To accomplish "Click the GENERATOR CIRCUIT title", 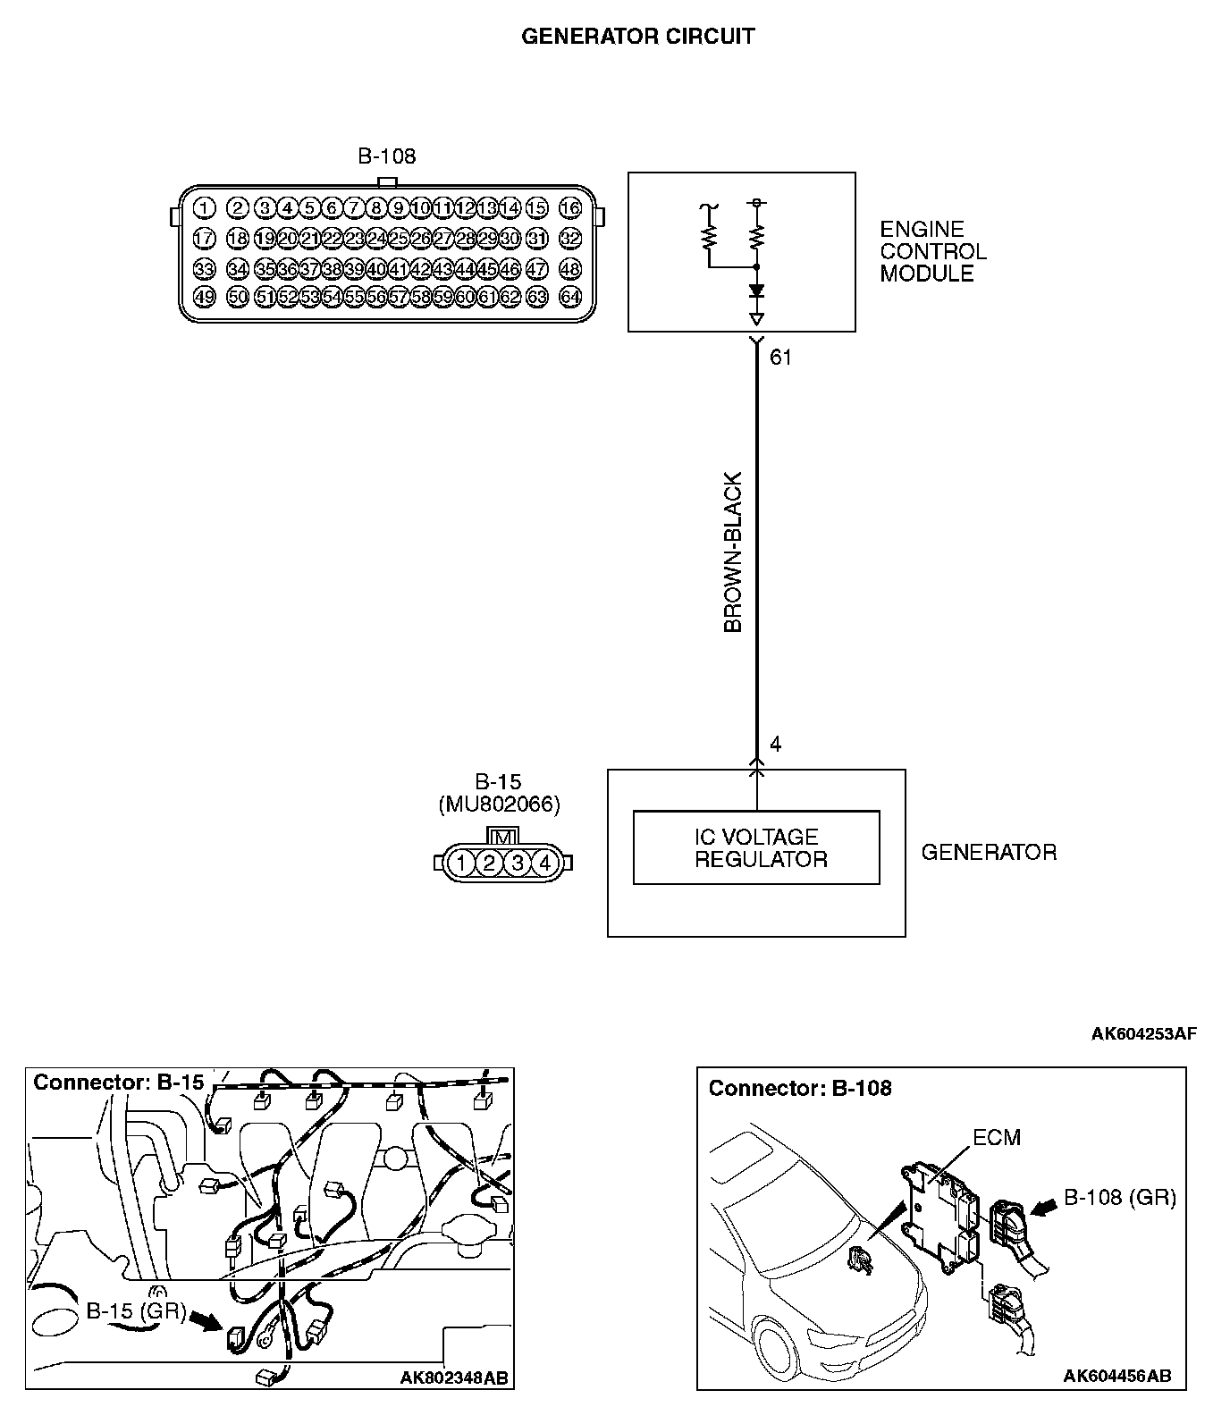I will (637, 37).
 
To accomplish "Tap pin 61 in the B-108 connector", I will (487, 297).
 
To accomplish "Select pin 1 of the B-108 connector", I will (205, 208).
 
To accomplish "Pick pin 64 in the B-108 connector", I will (570, 297).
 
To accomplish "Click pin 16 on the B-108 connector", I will (570, 208).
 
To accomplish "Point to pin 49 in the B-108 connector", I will (205, 297).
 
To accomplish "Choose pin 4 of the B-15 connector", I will (546, 863).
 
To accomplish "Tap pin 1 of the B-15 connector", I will (460, 863).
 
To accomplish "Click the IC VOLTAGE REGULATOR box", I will (756, 847).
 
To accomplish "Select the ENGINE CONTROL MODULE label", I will (932, 252).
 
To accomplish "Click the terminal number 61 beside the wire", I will (780, 358).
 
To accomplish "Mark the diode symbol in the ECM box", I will (757, 291).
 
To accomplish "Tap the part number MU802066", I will (500, 805).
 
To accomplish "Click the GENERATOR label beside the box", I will (989, 852).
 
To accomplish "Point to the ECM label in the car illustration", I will (996, 1137).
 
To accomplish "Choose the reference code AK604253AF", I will (1143, 1034).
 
